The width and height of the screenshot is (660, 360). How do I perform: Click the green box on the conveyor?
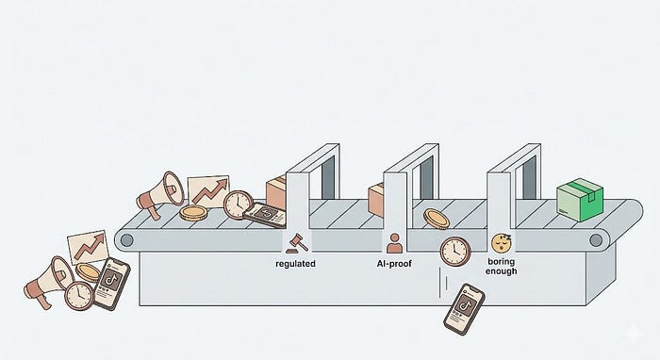pyautogui.click(x=580, y=200)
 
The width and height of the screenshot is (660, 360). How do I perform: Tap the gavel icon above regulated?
pyautogui.click(x=297, y=244)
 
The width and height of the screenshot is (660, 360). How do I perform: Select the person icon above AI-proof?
pyautogui.click(x=394, y=243)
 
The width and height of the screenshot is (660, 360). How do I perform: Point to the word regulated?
pyautogui.click(x=295, y=264)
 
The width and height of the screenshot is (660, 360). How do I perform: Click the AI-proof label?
pyautogui.click(x=394, y=264)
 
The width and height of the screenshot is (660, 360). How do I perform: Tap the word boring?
pyautogui.click(x=502, y=262)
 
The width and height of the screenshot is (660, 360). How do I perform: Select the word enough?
pyautogui.click(x=501, y=271)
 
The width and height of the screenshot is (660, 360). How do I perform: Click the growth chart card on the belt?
pyautogui.click(x=208, y=191)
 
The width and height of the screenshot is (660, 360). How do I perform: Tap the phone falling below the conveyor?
pyautogui.click(x=464, y=309)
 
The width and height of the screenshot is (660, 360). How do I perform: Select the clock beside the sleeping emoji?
pyautogui.click(x=455, y=252)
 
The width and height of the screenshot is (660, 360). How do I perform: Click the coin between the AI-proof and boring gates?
pyautogui.click(x=436, y=219)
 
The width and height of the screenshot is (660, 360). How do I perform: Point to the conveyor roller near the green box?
pyautogui.click(x=596, y=240)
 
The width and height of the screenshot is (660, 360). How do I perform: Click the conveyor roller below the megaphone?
pyautogui.click(x=126, y=240)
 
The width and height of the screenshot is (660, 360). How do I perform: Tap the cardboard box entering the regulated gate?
pyautogui.click(x=276, y=192)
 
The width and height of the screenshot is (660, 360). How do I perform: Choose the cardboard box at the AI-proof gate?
pyautogui.click(x=376, y=200)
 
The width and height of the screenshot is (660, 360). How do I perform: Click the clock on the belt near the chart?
pyautogui.click(x=239, y=205)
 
